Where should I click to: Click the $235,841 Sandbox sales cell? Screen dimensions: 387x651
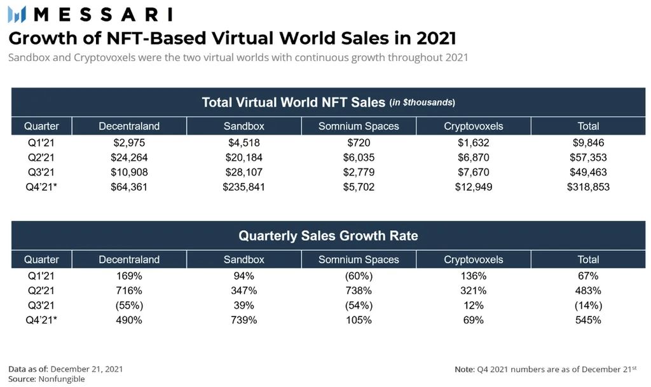coord(244,187)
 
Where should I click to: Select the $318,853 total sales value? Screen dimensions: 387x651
coord(588,187)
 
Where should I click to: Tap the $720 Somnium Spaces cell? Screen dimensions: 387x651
coord(359,142)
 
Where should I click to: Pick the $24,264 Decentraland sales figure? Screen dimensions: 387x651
coord(129,158)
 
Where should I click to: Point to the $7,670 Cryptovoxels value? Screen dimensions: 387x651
coord(473,172)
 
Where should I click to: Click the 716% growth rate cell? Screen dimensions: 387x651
coord(129,290)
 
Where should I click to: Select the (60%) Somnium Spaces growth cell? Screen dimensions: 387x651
coord(359,276)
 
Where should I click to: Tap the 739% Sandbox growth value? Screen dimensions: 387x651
coord(244,320)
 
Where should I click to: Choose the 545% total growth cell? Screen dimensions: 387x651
coord(588,320)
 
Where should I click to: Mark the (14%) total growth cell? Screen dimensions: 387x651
coord(588,306)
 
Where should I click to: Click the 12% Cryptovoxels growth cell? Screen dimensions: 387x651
coord(473,306)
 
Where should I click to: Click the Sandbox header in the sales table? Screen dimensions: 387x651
coord(244,126)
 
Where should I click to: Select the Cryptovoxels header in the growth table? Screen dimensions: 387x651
coord(473,259)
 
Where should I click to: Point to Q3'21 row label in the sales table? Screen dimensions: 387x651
coord(39,172)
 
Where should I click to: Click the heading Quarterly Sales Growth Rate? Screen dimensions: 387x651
coord(328,236)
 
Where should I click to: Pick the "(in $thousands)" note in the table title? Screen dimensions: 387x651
coord(422,103)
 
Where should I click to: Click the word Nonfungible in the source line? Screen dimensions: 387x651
coord(62,379)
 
